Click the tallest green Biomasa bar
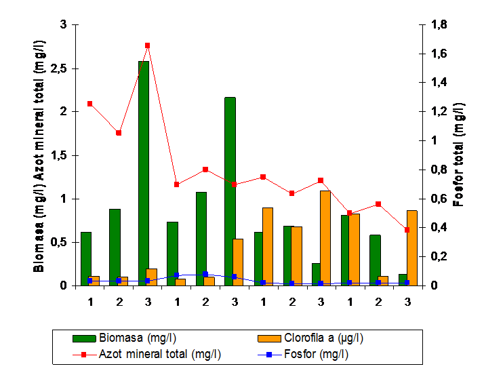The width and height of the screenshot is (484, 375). [x=144, y=173]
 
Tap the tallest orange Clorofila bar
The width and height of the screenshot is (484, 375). [x=325, y=238]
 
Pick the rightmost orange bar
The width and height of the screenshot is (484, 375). [x=411, y=248]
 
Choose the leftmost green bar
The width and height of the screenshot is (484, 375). [x=86, y=259]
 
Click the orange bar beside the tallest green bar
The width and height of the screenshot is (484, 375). [x=152, y=277]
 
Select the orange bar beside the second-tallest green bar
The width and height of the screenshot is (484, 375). [x=238, y=262]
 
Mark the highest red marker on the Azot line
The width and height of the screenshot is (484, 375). [x=147, y=45]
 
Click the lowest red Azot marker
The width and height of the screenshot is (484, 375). [x=407, y=230]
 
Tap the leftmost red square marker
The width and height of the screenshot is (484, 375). [x=89, y=104]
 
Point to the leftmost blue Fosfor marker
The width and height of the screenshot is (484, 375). [x=89, y=280]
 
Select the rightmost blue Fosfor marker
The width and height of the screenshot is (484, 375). [x=407, y=283]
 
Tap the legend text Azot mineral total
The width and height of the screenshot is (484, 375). [x=160, y=353]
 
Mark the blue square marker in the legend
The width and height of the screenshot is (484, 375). [x=268, y=353]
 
